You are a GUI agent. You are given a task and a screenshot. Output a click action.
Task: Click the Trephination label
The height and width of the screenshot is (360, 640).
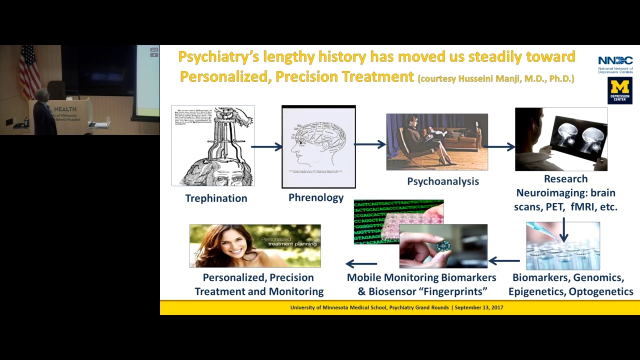pyautogui.click(x=216, y=198)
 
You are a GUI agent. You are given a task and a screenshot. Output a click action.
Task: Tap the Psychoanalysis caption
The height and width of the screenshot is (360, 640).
pyautogui.click(x=442, y=181)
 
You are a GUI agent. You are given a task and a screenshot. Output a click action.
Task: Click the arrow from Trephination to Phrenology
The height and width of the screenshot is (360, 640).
pyautogui.click(x=267, y=146)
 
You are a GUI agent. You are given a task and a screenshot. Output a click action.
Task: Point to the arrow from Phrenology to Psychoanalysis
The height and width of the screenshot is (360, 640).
pyautogui.click(x=370, y=144)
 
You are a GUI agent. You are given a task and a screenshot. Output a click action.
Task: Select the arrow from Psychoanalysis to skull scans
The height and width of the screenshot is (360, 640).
pyautogui.click(x=500, y=146)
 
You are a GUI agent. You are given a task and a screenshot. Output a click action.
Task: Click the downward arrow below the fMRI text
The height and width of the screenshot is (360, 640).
pyautogui.click(x=563, y=230)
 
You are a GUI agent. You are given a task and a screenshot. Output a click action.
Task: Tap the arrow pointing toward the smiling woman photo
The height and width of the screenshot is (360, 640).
pyautogui.click(x=361, y=263)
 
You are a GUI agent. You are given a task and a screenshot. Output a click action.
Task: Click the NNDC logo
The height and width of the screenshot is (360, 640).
pyautogui.click(x=615, y=64)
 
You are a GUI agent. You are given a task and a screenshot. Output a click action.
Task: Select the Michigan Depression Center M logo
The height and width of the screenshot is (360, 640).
pyautogui.click(x=619, y=90)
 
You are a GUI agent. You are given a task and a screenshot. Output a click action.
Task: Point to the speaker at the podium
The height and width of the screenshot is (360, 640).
pyautogui.click(x=43, y=112)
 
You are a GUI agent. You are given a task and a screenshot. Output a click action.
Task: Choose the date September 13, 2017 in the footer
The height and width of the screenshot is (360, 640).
pyautogui.click(x=478, y=307)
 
